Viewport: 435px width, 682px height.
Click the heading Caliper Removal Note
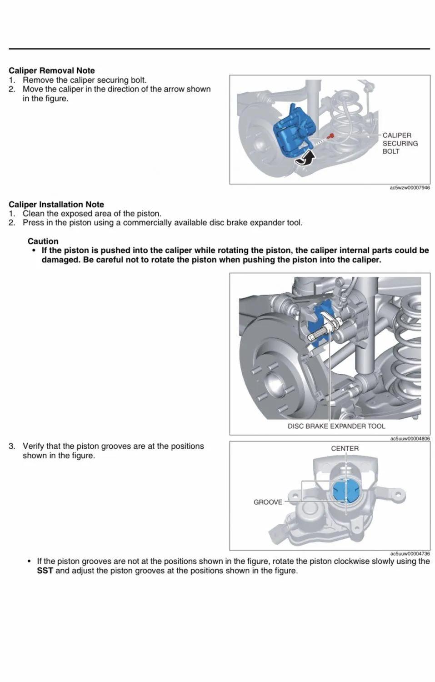pos(52,70)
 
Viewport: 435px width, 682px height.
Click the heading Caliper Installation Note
pos(56,205)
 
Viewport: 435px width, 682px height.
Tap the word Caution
pos(43,241)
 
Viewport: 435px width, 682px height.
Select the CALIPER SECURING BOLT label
pos(400,143)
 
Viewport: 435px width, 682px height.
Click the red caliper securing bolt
pos(332,135)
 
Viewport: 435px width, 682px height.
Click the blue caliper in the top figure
pos(291,132)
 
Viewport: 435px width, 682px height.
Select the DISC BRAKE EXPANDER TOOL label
pos(336,426)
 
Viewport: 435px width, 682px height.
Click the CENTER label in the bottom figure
pos(345,448)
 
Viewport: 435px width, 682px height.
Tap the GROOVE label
pos(268,502)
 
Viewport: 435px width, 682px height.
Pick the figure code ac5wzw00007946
pos(410,187)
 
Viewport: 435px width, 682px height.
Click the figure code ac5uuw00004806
pos(410,439)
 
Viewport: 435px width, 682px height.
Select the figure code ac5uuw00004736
pos(410,554)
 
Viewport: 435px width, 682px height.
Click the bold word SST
pos(45,571)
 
